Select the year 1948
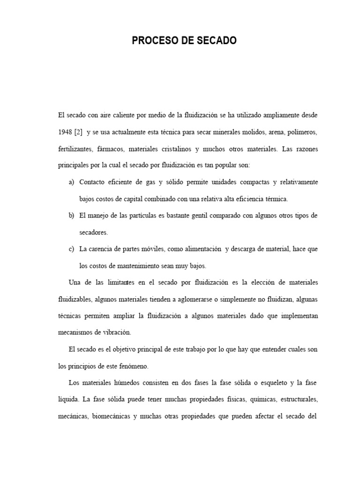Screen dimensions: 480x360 pos(65,132)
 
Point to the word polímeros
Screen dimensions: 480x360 pos(302,132)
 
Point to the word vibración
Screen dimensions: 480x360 pos(115,333)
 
